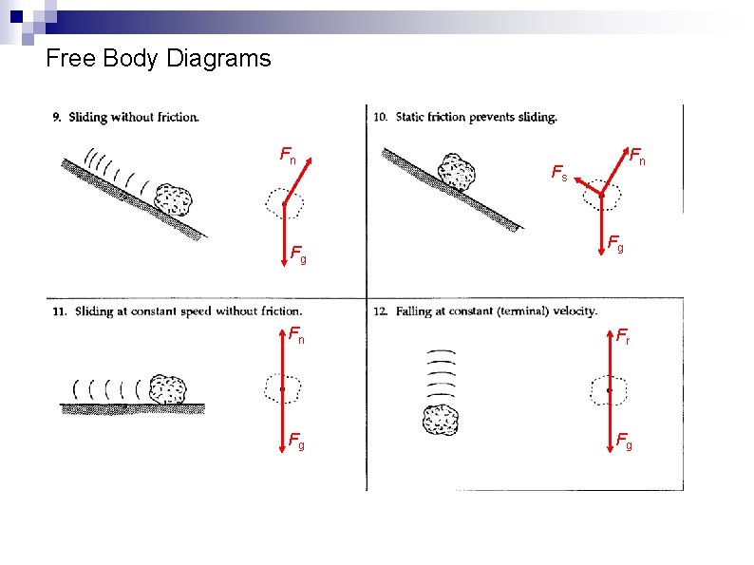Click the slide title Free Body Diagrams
coord(158,59)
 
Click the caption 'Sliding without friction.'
coord(133,118)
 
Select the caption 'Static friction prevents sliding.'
coord(473,118)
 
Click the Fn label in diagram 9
coord(287,154)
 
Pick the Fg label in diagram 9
coord(297,255)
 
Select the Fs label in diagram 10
coord(559,172)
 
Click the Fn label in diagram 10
coord(638,156)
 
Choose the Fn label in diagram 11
coord(296,334)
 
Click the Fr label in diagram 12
coord(623,335)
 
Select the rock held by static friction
coord(456,173)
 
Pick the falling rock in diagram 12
coord(441,420)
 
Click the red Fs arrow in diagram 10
coord(586,185)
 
